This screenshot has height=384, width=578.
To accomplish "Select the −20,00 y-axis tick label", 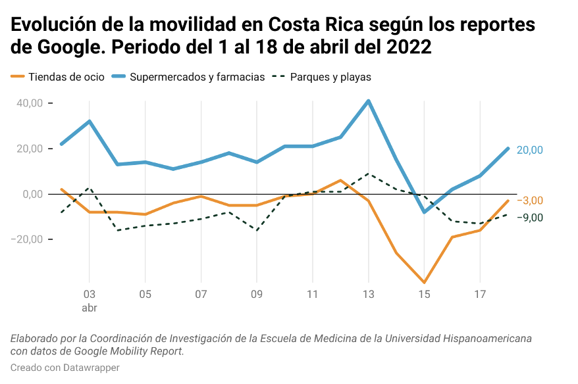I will pyautogui.click(x=27, y=239).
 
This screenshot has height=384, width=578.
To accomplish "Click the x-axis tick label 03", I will pyautogui.click(x=90, y=294).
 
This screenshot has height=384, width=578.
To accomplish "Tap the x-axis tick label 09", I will pyautogui.click(x=257, y=294).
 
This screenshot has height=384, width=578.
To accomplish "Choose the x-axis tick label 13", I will pyautogui.click(x=368, y=294).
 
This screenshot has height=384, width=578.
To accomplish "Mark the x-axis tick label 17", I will pyautogui.click(x=480, y=294).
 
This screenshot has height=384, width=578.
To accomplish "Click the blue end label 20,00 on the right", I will pyautogui.click(x=530, y=150).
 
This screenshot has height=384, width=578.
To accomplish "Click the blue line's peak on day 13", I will pyautogui.click(x=369, y=101).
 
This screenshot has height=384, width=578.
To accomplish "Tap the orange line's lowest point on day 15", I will pyautogui.click(x=425, y=283).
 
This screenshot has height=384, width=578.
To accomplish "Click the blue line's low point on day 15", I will pyautogui.click(x=425, y=212).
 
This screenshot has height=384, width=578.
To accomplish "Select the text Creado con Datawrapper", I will pyautogui.click(x=65, y=368).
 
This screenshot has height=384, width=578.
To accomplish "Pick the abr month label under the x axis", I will pyautogui.click(x=90, y=307).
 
